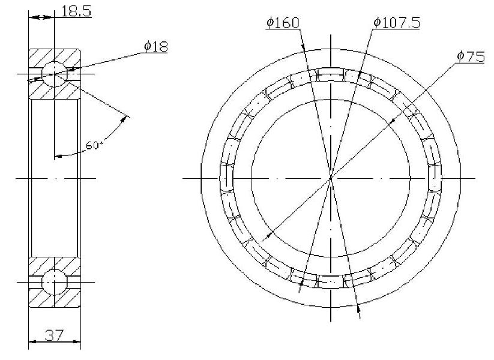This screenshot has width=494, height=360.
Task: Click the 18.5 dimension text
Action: (x=76, y=11)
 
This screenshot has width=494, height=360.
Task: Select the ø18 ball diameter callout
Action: (x=156, y=46)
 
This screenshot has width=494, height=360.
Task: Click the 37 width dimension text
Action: (x=54, y=335)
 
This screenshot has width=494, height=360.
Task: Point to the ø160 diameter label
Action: (x=283, y=23)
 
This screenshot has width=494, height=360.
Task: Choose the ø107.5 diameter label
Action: (x=397, y=23)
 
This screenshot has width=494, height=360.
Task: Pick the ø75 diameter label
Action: (x=471, y=56)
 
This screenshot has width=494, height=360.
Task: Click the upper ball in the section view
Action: (x=55, y=74)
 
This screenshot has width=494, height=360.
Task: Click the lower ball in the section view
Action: (x=55, y=282)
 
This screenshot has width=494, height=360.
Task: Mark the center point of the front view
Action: (x=331, y=179)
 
